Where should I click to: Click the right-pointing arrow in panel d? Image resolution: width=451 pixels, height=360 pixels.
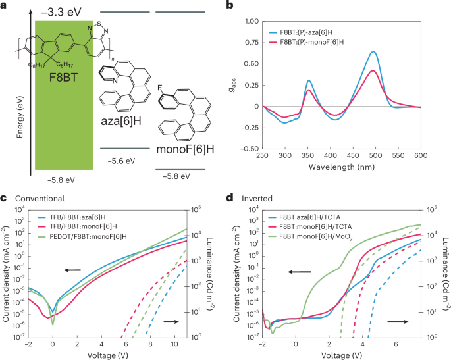tap(398, 322)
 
